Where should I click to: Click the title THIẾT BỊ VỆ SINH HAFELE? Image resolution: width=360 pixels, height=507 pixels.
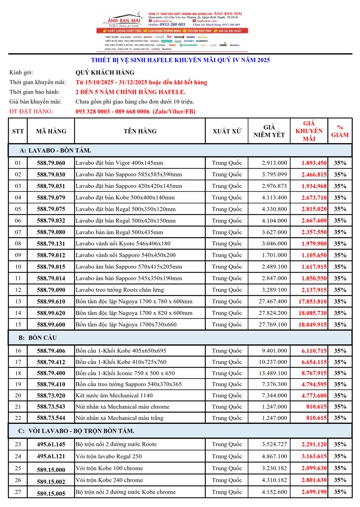[180, 60]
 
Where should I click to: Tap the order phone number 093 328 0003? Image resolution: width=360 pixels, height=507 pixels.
[93, 112]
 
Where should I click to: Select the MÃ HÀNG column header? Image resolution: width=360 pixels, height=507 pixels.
[51, 131]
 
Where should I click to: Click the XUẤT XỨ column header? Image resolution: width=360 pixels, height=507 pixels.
[227, 131]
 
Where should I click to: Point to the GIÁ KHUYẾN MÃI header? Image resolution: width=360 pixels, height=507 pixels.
[309, 131]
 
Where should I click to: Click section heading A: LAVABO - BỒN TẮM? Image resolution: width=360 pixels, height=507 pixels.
[55, 150]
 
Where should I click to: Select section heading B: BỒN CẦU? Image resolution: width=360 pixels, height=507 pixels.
[38, 338]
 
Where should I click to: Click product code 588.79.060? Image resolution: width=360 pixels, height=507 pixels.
[51, 163]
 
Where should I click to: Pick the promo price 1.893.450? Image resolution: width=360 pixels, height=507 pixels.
[314, 163]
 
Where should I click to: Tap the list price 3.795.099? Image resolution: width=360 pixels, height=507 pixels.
[274, 175]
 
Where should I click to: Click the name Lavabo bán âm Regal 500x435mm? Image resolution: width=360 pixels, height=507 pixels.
[119, 232]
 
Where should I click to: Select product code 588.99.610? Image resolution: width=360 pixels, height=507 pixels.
[51, 302]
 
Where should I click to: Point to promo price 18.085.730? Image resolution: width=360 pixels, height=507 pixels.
[312, 313]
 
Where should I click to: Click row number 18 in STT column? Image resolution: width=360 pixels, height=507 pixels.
[18, 373]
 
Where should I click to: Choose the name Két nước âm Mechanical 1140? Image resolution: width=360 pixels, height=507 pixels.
[114, 395]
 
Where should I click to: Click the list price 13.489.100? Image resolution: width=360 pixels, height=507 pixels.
[273, 373]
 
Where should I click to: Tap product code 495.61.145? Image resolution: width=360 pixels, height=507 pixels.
[51, 444]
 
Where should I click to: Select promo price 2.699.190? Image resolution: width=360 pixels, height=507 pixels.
[314, 492]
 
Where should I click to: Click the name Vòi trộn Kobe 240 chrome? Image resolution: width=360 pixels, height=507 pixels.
[109, 480]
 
